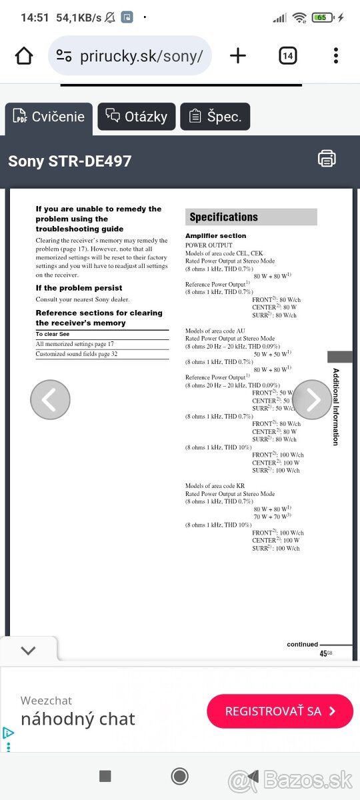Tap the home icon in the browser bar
pos(24,56)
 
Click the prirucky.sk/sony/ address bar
pos(130,56)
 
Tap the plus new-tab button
pos(237,56)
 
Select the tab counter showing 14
pos(287,56)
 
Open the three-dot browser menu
pos(336,56)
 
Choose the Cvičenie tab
pos(49,117)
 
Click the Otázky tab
pos(137,117)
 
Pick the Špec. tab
pos(215,117)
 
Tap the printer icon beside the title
pos(327,159)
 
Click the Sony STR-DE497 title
pos(70,161)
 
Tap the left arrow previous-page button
pos(50,399)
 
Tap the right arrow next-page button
pos(311,399)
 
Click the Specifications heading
pos(223,217)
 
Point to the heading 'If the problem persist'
pos(79,288)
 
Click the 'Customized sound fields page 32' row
pos(77,354)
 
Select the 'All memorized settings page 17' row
pos(75,344)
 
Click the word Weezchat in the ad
pos(46,701)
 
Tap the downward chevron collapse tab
pos(28,650)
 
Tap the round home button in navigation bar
pos(179,775)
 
